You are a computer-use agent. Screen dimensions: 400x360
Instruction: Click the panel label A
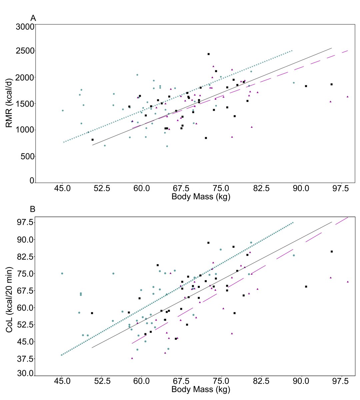click(x=33, y=18)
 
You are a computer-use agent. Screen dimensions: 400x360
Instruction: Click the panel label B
click(x=33, y=209)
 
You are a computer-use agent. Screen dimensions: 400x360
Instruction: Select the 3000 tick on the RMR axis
click(x=25, y=27)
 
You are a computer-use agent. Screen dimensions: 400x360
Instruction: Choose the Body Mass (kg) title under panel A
click(x=201, y=197)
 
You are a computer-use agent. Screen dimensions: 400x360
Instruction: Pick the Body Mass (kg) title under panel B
click(x=201, y=389)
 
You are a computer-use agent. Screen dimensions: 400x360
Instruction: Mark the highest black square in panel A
click(x=208, y=54)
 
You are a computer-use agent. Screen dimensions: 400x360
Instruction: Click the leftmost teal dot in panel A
click(x=62, y=110)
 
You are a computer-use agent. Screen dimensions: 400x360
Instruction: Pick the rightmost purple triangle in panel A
click(x=347, y=97)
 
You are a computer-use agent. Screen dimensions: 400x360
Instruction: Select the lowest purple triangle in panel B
click(x=132, y=358)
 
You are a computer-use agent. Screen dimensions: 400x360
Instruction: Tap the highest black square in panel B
click(x=208, y=243)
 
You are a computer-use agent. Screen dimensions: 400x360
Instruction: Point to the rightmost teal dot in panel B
click(x=294, y=255)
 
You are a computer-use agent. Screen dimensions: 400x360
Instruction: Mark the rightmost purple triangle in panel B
click(x=348, y=282)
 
